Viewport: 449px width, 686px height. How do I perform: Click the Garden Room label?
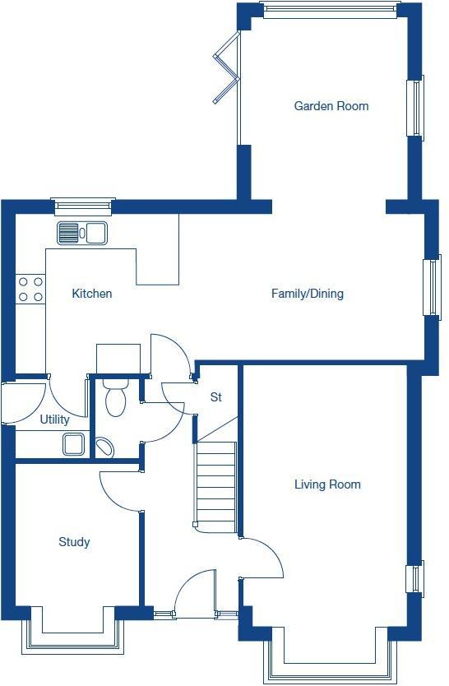[331, 106]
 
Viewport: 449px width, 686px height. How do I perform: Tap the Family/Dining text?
[308, 294]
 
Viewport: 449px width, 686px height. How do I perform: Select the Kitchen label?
[92, 294]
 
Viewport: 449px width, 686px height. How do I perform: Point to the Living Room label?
[327, 484]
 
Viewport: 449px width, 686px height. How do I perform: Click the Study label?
[74, 542]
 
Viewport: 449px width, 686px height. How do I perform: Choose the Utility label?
[55, 419]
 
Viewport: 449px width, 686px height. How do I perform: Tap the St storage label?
[216, 397]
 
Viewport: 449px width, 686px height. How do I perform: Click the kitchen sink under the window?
[81, 233]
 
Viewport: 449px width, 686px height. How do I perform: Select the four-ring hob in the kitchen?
[30, 289]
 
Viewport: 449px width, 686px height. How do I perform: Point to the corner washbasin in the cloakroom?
[104, 447]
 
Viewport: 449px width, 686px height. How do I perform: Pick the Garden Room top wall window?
[328, 9]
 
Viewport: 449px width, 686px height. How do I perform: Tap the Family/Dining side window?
[432, 286]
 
